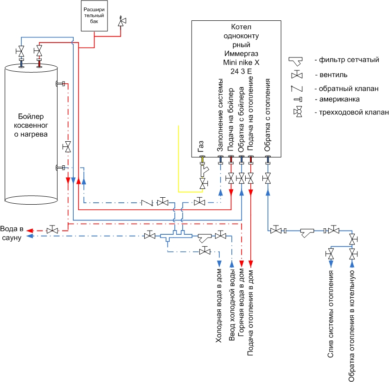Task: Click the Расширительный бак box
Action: click(x=94, y=16)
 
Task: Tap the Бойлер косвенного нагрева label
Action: click(x=31, y=125)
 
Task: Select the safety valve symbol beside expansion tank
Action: click(x=121, y=22)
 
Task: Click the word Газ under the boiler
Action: click(x=201, y=146)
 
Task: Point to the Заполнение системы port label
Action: click(x=220, y=115)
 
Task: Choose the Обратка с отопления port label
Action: click(x=267, y=115)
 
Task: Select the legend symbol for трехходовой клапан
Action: click(x=298, y=112)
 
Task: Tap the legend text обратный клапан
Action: click(x=347, y=88)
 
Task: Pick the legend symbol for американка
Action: click(x=298, y=100)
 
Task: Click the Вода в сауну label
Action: click(x=12, y=233)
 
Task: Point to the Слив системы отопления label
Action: click(x=330, y=314)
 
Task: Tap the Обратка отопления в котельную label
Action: click(x=351, y=326)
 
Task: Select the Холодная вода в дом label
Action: click(x=218, y=306)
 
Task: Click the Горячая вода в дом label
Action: click(x=241, y=302)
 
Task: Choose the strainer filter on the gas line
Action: click(x=204, y=171)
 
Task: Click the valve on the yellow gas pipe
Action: click(x=203, y=183)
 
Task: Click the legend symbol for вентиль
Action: click(x=297, y=75)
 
